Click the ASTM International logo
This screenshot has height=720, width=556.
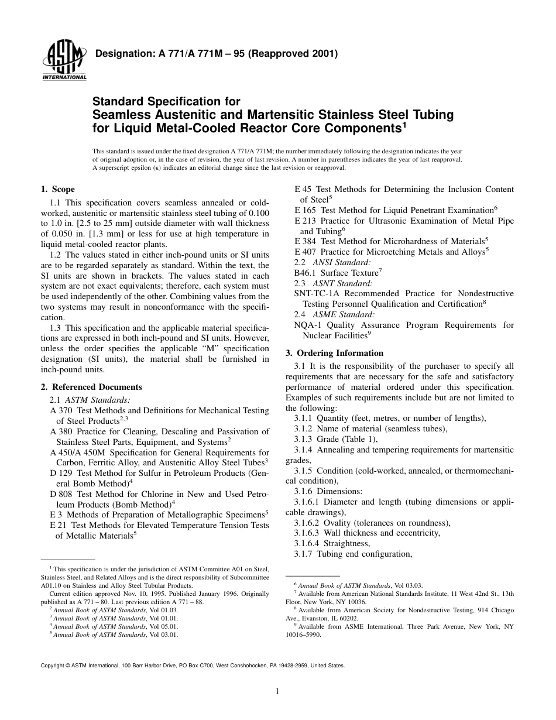pos(64,61)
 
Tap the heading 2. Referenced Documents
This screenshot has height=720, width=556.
pos(91,387)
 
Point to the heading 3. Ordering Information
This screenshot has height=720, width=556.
pos(334,353)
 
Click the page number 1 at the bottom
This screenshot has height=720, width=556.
pos(277,691)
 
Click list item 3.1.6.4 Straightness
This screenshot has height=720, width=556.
pos(332,543)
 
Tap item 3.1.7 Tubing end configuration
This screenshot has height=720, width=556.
pos(353,554)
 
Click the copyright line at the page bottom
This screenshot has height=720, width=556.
pos(193,666)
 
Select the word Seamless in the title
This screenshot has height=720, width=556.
pos(119,115)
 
